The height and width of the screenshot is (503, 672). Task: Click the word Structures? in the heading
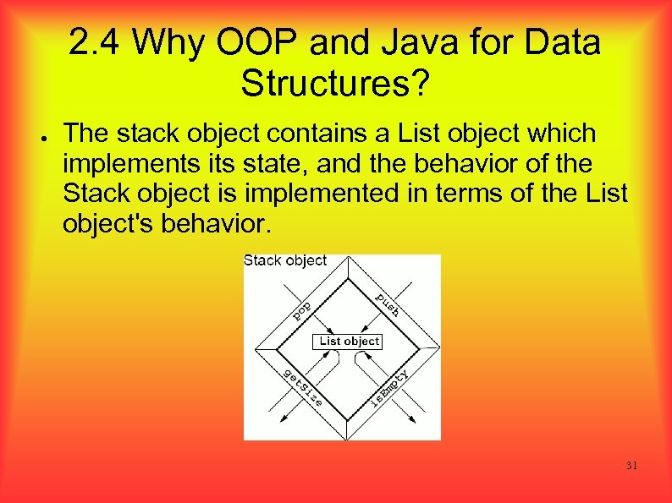tap(336, 84)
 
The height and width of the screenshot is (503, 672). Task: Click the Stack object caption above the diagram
tap(285, 261)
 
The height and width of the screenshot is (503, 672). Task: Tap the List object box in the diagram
tap(349, 341)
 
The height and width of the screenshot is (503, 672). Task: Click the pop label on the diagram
tap(302, 310)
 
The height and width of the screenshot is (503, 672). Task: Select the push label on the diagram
tap(388, 304)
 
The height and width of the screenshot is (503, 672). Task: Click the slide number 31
tap(631, 466)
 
